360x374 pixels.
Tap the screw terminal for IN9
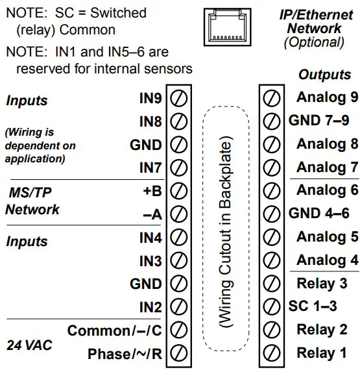[178, 99]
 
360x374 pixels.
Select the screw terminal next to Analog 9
[272, 98]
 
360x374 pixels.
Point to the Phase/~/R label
[124, 354]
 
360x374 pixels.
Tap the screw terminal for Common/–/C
[178, 330]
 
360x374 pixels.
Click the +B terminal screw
[178, 192]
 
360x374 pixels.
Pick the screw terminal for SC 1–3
[272, 307]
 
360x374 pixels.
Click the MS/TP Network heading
[32, 201]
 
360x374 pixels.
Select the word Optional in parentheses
[314, 43]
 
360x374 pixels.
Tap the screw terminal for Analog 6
[272, 191]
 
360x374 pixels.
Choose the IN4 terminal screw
[178, 238]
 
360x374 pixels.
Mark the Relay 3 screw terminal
[272, 284]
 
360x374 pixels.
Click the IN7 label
[150, 168]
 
